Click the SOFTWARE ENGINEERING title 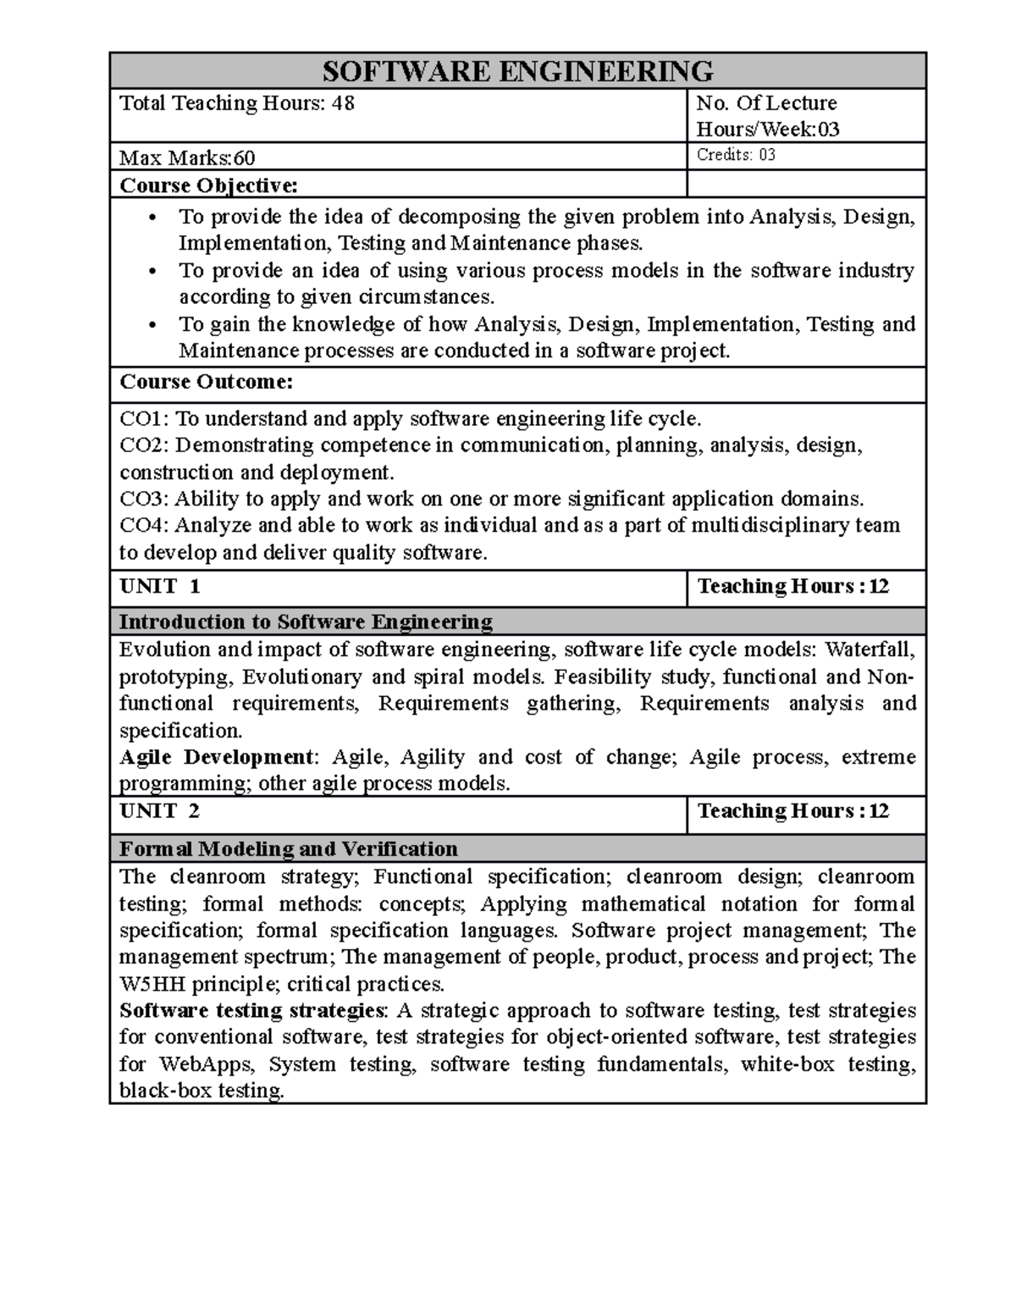point(518,70)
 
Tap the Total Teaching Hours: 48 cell point(237,103)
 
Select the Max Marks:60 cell point(188,157)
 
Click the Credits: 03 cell point(736,155)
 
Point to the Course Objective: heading point(208,185)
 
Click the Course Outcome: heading point(206,382)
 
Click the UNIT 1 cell point(160,587)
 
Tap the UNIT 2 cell point(160,811)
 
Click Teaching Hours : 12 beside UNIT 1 point(792,587)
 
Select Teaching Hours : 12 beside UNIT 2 point(792,811)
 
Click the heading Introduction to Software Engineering point(306,622)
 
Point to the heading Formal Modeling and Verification point(288,848)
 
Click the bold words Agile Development point(216,757)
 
